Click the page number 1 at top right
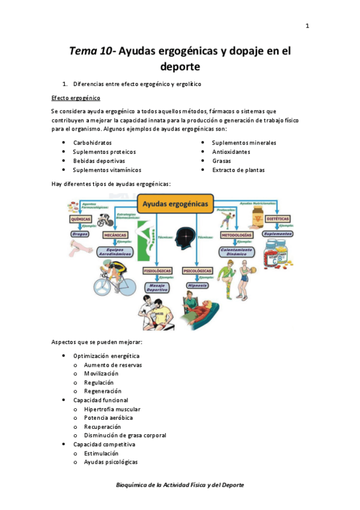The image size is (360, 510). [307, 26]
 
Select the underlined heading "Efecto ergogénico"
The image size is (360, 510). [76, 98]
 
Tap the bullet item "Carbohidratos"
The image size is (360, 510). [93, 143]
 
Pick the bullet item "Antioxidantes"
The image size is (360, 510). [231, 152]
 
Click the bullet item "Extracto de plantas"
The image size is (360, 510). [239, 170]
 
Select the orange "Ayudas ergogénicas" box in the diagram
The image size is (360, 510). [176, 204]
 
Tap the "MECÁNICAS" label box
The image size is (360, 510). [115, 236]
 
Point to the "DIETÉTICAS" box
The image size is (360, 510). [278, 219]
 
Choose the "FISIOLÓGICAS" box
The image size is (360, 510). [157, 271]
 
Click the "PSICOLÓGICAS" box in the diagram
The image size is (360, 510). [197, 271]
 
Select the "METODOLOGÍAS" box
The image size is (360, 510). [236, 235]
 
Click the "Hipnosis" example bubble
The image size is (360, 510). [197, 286]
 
